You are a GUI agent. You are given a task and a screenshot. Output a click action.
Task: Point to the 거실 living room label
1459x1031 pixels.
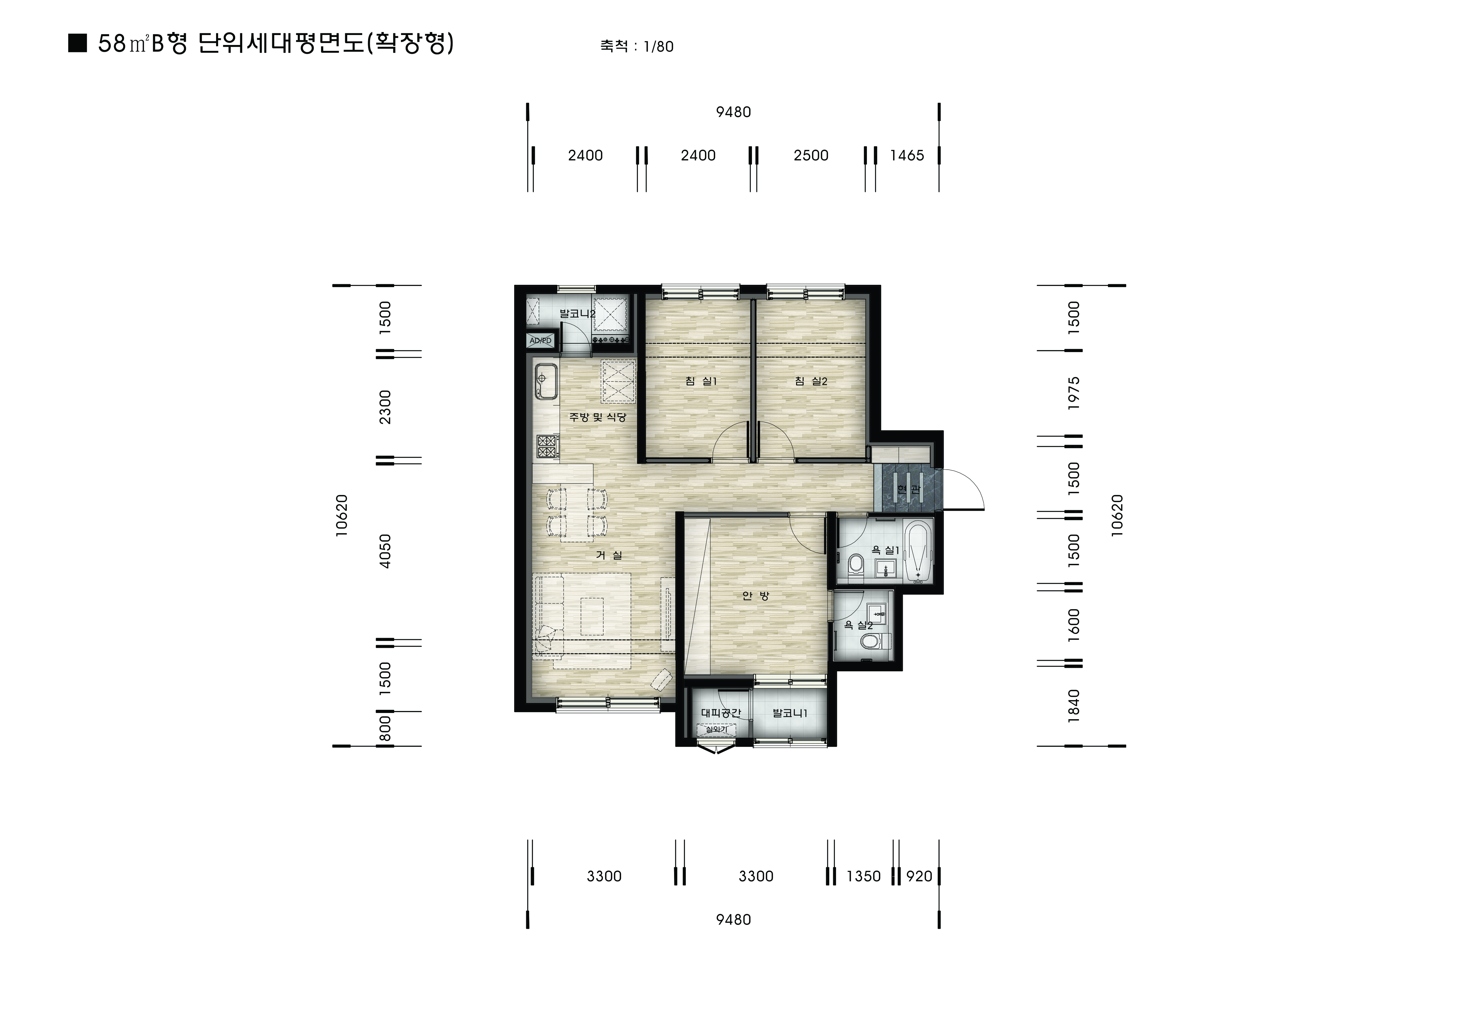[x=609, y=555]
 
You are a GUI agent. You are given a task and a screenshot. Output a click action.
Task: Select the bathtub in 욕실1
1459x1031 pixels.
[x=917, y=551]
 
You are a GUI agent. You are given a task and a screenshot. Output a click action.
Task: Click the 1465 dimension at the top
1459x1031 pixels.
[x=907, y=156]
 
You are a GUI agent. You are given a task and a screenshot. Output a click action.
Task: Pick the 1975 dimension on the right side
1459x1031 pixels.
[x=1074, y=393]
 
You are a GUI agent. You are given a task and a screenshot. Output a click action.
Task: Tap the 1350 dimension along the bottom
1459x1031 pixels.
[x=864, y=877]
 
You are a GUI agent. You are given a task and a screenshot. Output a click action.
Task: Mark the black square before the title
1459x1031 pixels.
[x=78, y=43]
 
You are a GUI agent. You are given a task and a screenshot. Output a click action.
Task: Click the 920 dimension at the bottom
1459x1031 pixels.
[x=919, y=877]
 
